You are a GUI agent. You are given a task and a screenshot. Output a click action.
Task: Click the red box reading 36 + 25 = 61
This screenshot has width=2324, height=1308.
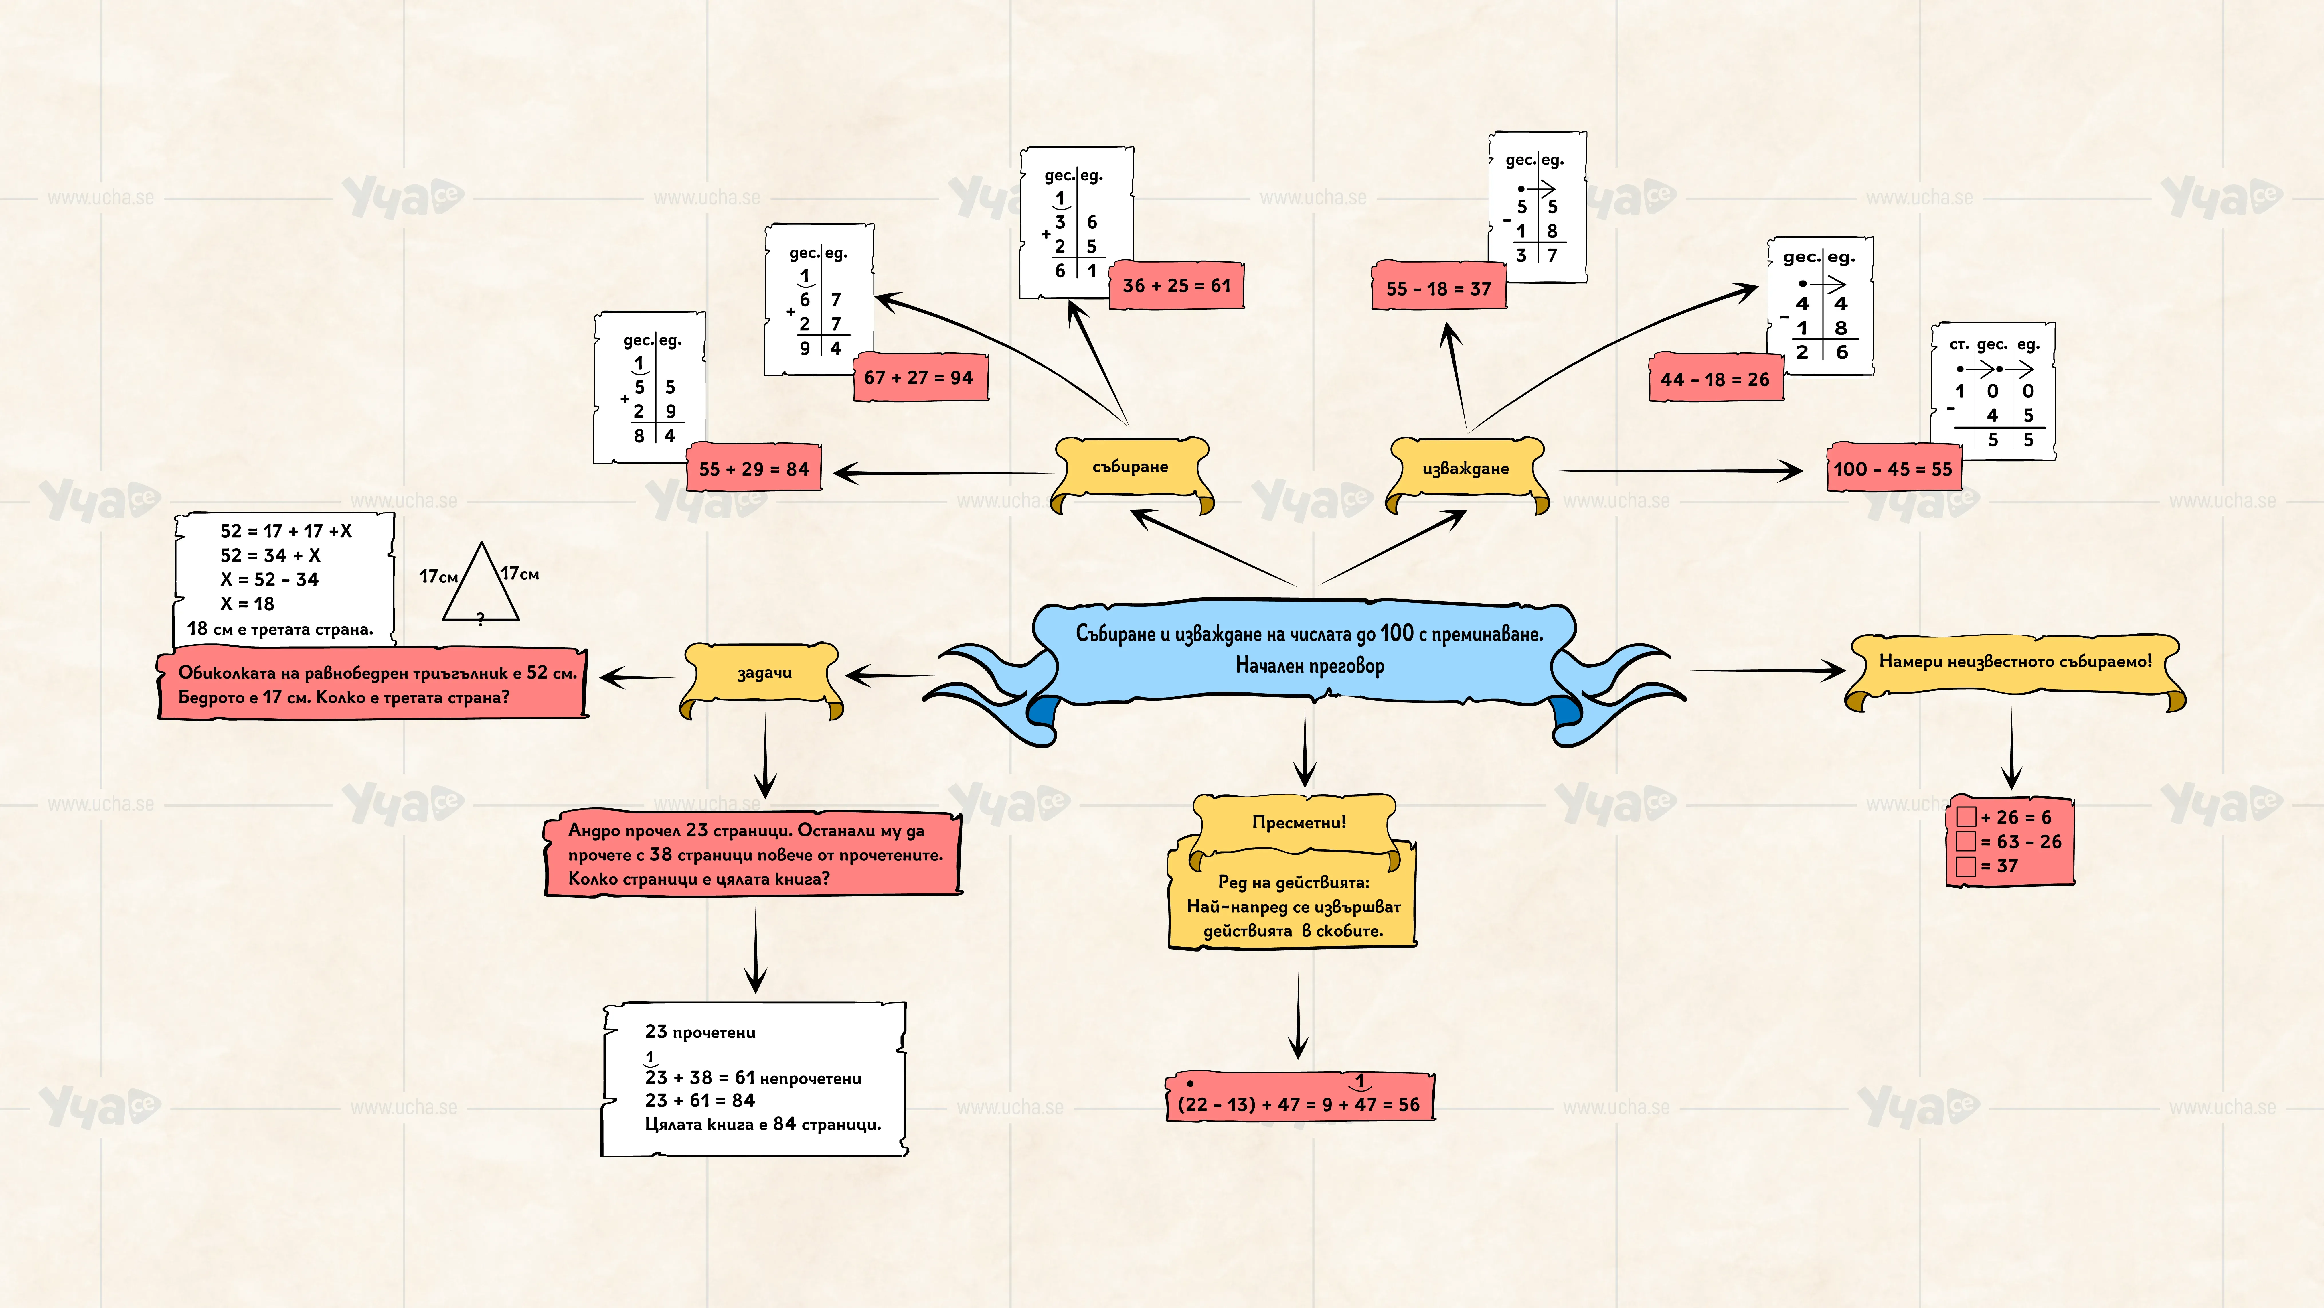1176,285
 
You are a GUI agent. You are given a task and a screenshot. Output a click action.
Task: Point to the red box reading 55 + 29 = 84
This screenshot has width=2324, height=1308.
754,468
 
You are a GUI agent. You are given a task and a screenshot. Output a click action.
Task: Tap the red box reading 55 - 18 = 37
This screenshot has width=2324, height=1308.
1439,288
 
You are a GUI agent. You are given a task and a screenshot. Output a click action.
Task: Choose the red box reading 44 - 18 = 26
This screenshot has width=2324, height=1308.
1716,379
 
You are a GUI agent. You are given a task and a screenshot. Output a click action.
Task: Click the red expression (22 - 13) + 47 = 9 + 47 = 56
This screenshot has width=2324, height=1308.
1299,1098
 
